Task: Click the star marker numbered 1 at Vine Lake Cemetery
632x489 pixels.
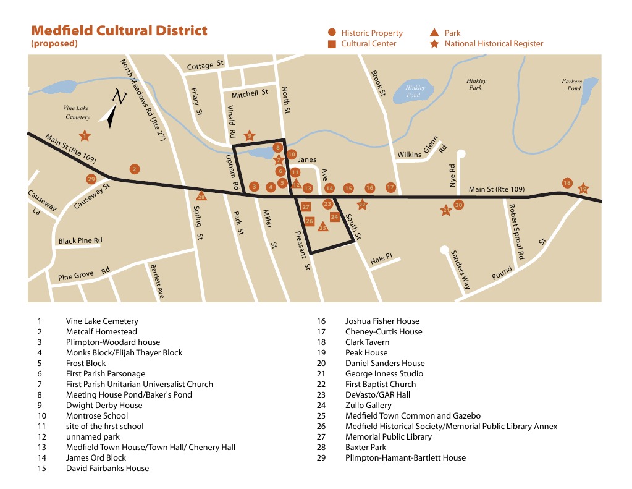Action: coord(85,136)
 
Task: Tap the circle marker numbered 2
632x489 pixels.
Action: coord(134,169)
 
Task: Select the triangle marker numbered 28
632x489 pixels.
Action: coord(201,197)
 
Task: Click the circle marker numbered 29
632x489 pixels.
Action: coord(91,179)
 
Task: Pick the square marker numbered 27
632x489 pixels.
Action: coord(305,206)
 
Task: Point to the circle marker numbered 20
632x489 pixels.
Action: coord(458,205)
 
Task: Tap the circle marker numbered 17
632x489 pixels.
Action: coord(390,187)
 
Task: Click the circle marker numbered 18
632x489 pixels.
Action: coord(567,183)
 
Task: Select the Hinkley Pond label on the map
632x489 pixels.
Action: coord(413,91)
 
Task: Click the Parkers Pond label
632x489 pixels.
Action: coord(571,85)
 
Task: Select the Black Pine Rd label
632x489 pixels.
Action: coord(80,240)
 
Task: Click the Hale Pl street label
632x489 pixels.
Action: coord(381,258)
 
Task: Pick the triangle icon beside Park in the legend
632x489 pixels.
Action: coord(434,33)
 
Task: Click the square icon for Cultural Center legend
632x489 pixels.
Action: coord(332,44)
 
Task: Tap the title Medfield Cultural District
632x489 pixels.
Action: coord(119,30)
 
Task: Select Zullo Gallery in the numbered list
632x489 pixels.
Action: coord(368,405)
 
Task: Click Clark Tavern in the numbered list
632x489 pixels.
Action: coord(367,342)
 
